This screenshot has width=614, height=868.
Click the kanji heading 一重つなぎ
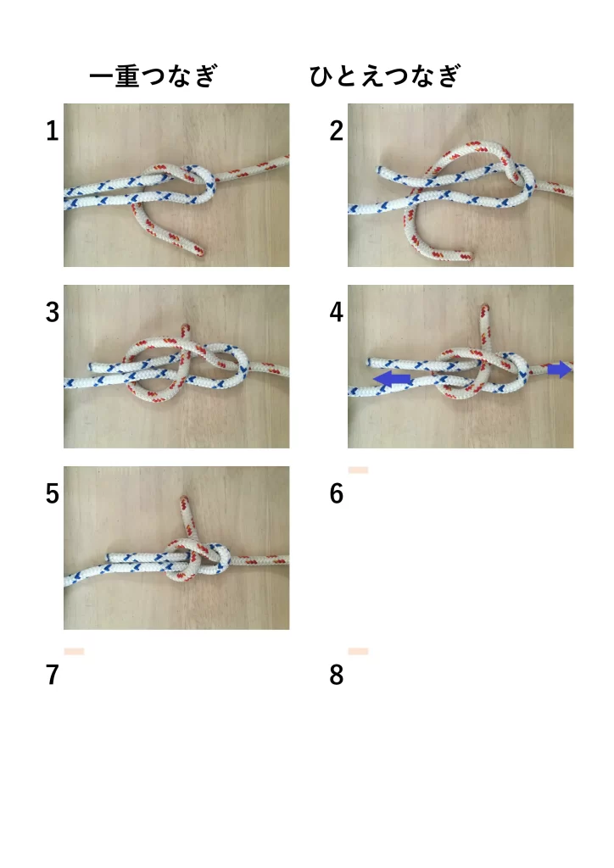click(x=153, y=75)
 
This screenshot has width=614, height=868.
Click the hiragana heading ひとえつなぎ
click(x=385, y=75)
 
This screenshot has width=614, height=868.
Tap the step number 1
click(x=52, y=131)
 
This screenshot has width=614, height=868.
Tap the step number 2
click(x=336, y=131)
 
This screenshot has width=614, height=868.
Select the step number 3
click(x=52, y=313)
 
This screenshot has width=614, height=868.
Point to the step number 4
click(x=336, y=313)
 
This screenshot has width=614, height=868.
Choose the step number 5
click(x=52, y=494)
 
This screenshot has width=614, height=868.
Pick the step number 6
click(x=336, y=494)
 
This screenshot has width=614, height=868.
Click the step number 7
click(x=52, y=676)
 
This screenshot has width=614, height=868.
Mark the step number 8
click(x=336, y=676)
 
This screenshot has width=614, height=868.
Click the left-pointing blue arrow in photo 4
click(x=393, y=379)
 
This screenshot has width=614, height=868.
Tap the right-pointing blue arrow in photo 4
click(x=559, y=370)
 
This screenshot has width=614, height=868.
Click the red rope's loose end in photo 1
click(x=198, y=251)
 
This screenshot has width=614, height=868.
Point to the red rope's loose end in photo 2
click(x=466, y=256)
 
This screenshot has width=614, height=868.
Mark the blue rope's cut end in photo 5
click(x=109, y=557)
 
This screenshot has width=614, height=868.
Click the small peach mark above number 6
click(x=358, y=470)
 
